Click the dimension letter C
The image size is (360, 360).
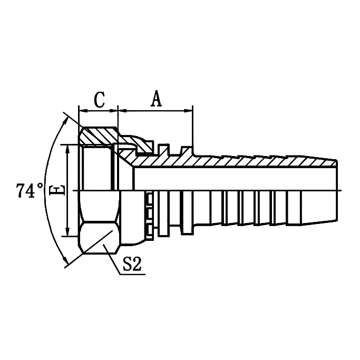(99, 100)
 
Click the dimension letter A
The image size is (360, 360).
(156, 99)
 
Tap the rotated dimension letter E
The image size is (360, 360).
(60, 190)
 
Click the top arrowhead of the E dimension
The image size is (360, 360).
(67, 148)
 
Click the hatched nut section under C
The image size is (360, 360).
(99, 135)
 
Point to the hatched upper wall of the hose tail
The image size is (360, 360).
(237, 161)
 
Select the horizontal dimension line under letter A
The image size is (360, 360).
(156, 111)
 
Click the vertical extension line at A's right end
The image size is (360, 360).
(193, 127)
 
